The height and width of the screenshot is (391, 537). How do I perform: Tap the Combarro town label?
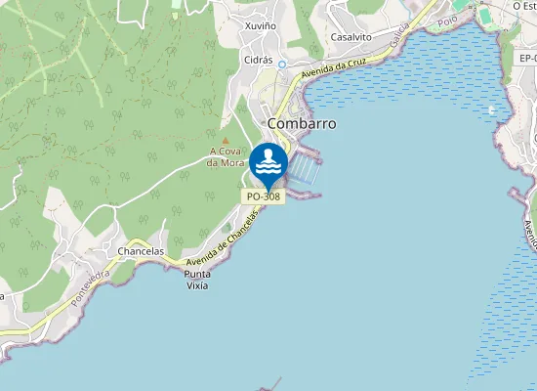(302, 124)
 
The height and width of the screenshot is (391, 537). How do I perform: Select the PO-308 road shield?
(263, 196)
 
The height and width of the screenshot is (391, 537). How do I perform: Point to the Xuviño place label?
(261, 25)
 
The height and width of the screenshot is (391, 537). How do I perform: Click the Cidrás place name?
(258, 59)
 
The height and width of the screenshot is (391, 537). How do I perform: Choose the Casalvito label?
(351, 36)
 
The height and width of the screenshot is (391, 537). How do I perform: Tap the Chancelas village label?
(141, 251)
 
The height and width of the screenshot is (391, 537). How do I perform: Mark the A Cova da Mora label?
(226, 156)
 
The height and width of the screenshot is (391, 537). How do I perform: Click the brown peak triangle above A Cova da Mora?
(226, 140)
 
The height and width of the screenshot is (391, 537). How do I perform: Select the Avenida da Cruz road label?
(335, 68)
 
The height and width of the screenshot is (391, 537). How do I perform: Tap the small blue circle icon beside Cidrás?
(282, 65)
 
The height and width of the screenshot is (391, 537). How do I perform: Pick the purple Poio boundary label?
(448, 21)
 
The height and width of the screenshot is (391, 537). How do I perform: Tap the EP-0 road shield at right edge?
(521, 60)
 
